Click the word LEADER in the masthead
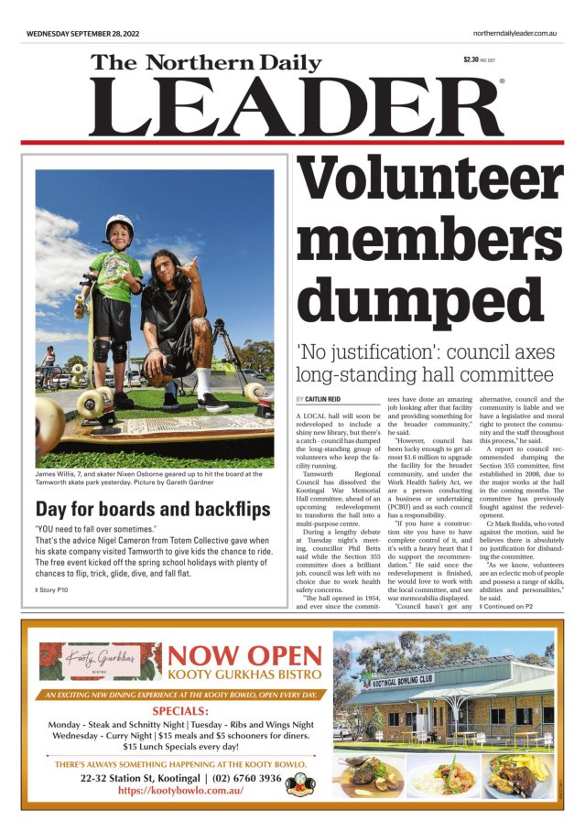pyautogui.click(x=295, y=107)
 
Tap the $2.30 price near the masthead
pyautogui.click(x=472, y=60)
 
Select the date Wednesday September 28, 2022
pyautogui.click(x=82, y=33)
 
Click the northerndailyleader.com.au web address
pyautogui.click(x=515, y=33)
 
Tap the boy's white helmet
pyautogui.click(x=118, y=223)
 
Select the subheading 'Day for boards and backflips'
pyautogui.click(x=153, y=509)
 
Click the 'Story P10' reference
pyautogui.click(x=52, y=590)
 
